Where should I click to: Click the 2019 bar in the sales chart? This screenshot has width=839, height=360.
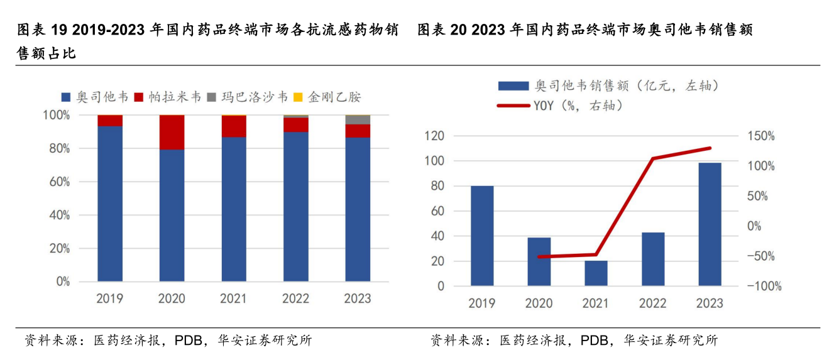[x=482, y=236]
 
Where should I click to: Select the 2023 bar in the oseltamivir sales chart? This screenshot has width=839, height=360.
[x=710, y=224]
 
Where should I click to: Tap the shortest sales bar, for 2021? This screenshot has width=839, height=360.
[x=596, y=273]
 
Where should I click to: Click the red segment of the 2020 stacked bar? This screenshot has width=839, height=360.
[x=172, y=132]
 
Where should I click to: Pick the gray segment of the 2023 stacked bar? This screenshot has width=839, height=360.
[x=358, y=120]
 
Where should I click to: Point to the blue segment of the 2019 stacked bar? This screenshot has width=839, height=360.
[x=110, y=204]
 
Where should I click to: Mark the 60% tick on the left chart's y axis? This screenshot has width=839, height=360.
[x=57, y=182]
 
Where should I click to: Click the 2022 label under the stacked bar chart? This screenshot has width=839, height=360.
[x=295, y=298]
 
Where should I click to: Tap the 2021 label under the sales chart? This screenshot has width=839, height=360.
[x=595, y=303]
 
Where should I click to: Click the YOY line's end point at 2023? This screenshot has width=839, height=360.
[x=710, y=148]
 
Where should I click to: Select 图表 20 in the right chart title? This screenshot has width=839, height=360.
[x=441, y=30]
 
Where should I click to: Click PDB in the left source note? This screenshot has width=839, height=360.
[x=188, y=341]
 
